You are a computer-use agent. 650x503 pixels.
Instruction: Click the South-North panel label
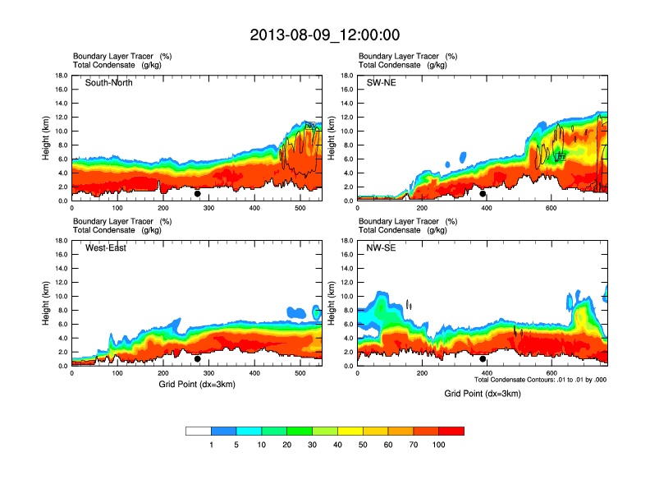(109, 83)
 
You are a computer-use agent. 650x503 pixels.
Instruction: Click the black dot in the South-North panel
(197, 194)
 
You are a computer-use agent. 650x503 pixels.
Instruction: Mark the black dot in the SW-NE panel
(483, 194)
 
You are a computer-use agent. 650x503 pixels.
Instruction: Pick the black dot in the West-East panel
(197, 358)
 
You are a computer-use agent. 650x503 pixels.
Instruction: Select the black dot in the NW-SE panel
(483, 358)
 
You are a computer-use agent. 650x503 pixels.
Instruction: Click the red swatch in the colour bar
(451, 431)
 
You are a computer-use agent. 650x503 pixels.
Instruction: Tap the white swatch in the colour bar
(199, 431)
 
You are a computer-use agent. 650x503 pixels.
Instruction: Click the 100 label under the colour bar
(439, 445)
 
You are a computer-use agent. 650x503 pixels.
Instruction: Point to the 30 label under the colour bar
(313, 445)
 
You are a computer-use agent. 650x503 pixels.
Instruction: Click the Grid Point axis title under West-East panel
(197, 385)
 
